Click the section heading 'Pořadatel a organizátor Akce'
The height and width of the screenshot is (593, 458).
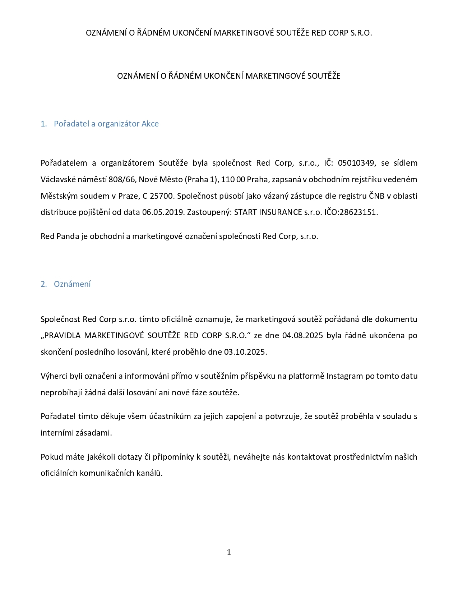click(x=106, y=124)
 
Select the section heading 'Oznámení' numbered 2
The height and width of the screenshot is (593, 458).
click(x=72, y=284)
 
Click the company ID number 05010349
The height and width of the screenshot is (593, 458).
click(x=357, y=163)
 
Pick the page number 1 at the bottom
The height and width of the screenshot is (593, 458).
click(x=229, y=552)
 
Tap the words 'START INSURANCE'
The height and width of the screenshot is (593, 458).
click(x=268, y=212)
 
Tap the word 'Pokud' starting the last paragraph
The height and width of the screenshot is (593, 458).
click(x=52, y=457)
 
